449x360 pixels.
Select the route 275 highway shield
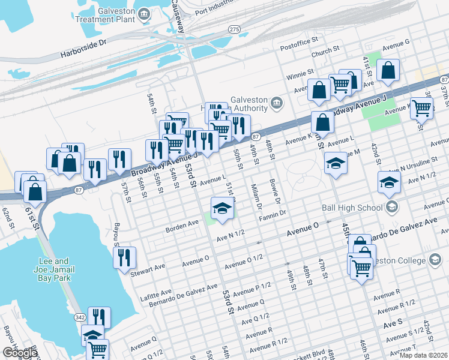[235, 29]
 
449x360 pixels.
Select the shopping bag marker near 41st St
[389, 70]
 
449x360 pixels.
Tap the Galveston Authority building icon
[276, 103]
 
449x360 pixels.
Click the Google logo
[19, 352]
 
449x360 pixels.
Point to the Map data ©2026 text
[423, 355]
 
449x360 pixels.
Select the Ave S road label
[393, 323]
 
